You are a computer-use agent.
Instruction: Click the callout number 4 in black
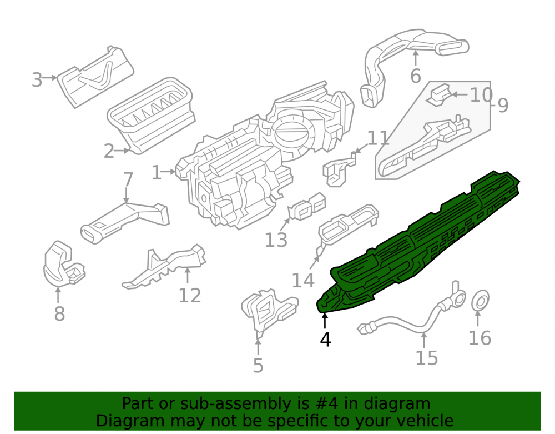coord(325,340)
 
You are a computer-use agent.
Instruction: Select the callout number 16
coord(480,338)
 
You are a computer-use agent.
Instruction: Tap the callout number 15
coord(426,358)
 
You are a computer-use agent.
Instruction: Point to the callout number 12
coord(190,296)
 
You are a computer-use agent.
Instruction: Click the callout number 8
coord(59,313)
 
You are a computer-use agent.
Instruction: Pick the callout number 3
coord(37,80)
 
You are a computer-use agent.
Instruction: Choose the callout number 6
coord(416,76)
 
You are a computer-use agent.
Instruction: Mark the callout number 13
coord(276,240)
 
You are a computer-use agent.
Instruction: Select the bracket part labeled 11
coord(339,170)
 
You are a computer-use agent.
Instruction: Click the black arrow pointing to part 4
coord(325,321)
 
